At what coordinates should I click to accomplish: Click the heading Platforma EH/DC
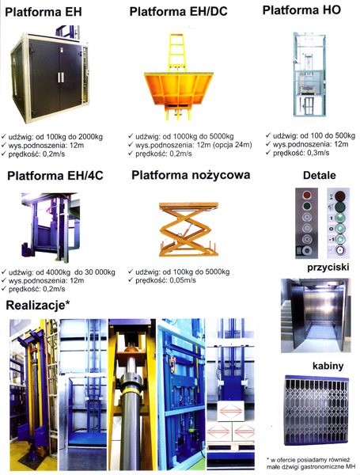[x=178, y=12]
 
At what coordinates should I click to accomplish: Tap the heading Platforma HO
[x=301, y=10]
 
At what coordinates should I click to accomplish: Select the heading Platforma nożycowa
[x=191, y=175]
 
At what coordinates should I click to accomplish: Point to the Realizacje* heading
[x=38, y=305]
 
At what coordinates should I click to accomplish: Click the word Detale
[x=320, y=176]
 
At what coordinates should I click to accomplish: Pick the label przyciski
[x=328, y=268]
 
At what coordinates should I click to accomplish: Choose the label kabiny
[x=328, y=366]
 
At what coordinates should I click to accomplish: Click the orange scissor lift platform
[x=188, y=230]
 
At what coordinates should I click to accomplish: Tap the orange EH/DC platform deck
[x=179, y=89]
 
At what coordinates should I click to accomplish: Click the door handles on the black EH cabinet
[x=61, y=78]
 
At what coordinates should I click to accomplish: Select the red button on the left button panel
[x=307, y=195]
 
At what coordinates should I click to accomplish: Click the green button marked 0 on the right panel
[x=341, y=228]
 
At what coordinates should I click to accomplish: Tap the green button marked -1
[x=341, y=239]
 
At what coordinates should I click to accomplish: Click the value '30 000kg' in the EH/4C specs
[x=100, y=272]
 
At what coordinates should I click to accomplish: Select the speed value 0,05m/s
[x=183, y=280]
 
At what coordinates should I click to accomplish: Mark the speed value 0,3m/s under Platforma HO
[x=318, y=153]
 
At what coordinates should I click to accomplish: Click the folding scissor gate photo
[x=316, y=410]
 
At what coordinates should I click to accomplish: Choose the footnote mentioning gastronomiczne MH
[x=311, y=463]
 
